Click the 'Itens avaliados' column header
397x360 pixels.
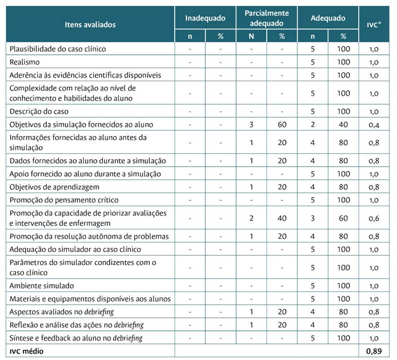tap(90, 24)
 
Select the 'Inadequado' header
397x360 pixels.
tap(205, 18)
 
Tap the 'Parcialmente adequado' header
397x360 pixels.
tap(266, 18)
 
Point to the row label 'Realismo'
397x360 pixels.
tap(25, 62)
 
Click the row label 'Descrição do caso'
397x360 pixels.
tap(39, 111)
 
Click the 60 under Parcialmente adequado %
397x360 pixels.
tap(282, 125)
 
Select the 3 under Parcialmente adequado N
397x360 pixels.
tap(251, 125)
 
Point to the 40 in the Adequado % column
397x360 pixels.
tap(344, 125)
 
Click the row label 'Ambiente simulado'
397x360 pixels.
tap(42, 285)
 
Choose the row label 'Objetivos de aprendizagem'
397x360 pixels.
tap(54, 187)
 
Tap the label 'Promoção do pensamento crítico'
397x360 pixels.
tap(64, 200)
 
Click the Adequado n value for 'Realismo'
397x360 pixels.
tap(313, 62)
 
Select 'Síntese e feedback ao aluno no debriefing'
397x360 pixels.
tap(76, 338)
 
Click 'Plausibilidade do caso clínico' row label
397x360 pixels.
tap(57, 49)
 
